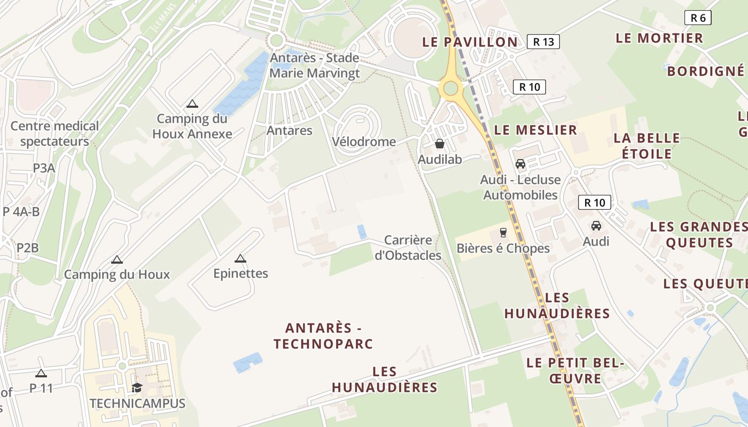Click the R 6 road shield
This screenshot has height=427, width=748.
(x=698, y=18)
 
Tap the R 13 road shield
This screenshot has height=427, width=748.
(x=543, y=42)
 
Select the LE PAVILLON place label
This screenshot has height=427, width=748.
(x=470, y=42)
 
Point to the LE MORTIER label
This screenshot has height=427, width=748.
(x=659, y=38)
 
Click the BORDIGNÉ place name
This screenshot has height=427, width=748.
(x=705, y=70)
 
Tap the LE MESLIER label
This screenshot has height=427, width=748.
(x=535, y=130)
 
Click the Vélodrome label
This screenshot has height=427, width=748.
(x=364, y=141)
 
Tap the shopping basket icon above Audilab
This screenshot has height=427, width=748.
(x=440, y=144)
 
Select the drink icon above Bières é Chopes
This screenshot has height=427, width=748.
(x=503, y=232)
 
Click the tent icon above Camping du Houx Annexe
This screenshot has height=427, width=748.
(x=192, y=104)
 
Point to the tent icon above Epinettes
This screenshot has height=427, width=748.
(x=240, y=258)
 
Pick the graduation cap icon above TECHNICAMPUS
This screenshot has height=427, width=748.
(x=137, y=388)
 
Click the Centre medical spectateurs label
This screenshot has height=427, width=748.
(x=54, y=134)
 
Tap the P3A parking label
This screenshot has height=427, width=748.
(x=44, y=168)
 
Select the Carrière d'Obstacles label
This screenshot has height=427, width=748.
(x=408, y=248)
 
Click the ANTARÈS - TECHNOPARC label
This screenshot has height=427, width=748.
(x=323, y=336)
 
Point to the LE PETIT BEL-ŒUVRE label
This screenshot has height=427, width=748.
(x=575, y=370)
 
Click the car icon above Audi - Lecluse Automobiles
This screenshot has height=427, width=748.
(x=520, y=164)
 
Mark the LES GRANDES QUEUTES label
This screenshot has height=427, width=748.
(x=698, y=235)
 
